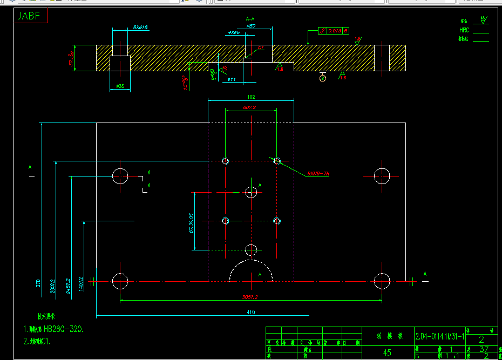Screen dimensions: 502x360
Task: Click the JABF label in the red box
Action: pyautogui.click(x=29, y=16)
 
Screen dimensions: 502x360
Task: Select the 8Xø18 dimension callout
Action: pyautogui.click(x=140, y=27)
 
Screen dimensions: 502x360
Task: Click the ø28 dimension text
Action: pyautogui.click(x=120, y=86)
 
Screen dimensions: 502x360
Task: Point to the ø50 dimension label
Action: pyautogui.click(x=250, y=25)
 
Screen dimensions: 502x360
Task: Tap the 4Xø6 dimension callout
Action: pyautogui.click(x=234, y=32)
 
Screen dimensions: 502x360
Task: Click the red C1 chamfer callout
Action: pyautogui.click(x=261, y=48)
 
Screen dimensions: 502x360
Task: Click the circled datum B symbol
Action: pyautogui.click(x=323, y=78)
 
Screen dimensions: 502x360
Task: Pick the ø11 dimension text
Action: pyautogui.click(x=232, y=80)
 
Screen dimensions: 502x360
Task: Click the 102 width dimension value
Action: pyautogui.click(x=251, y=97)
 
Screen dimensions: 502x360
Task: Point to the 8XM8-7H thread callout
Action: pyautogui.click(x=318, y=174)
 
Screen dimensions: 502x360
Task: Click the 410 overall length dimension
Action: pyautogui.click(x=251, y=312)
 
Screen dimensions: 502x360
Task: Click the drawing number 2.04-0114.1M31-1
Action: pyautogui.click(x=439, y=336)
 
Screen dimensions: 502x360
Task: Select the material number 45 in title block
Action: pyautogui.click(x=387, y=353)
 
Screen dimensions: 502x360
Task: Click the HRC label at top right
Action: pyautogui.click(x=464, y=31)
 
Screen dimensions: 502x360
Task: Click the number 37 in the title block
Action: pyautogui.click(x=484, y=349)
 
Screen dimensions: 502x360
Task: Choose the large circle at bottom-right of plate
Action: pyautogui.click(x=382, y=281)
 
